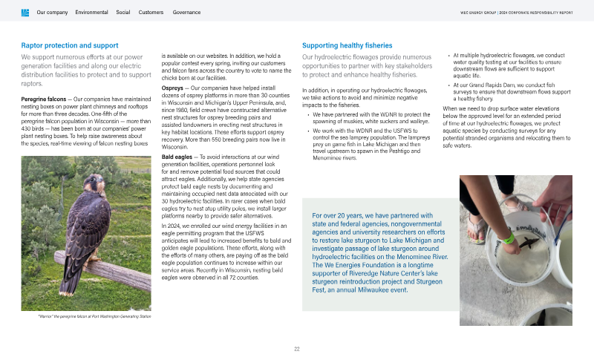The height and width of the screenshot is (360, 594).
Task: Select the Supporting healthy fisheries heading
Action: click(x=347, y=45)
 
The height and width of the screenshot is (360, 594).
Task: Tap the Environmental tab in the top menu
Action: click(x=91, y=13)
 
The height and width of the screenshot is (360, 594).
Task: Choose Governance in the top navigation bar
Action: click(x=186, y=13)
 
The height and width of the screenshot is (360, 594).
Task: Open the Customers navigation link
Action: click(x=151, y=13)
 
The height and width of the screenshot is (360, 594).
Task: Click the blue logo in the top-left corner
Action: click(x=25, y=13)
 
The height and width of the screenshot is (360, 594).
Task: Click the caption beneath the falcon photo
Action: click(x=94, y=316)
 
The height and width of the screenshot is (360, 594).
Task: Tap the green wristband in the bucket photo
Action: click(x=506, y=238)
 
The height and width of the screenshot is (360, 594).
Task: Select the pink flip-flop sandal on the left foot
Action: click(x=475, y=223)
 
